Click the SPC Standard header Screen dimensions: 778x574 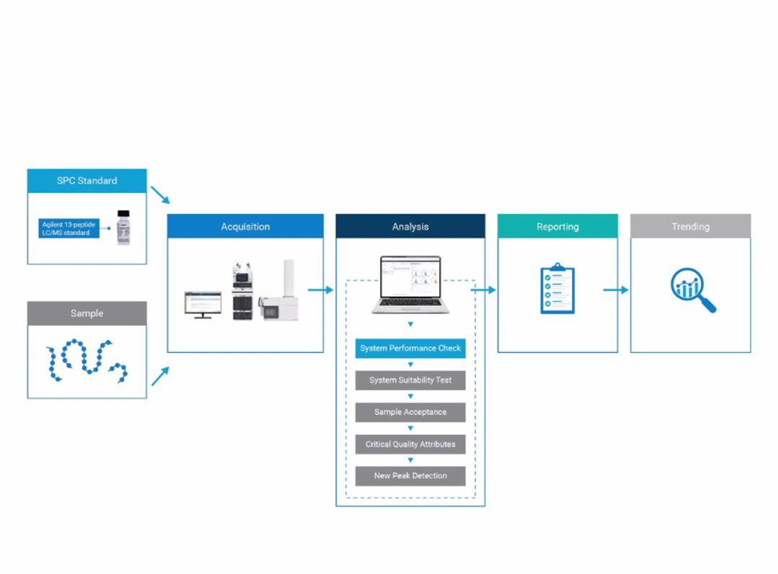click(x=87, y=181)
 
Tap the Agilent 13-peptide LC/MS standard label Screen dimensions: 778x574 click(x=69, y=228)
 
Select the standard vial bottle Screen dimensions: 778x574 click(x=124, y=228)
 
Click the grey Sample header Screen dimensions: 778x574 click(x=87, y=313)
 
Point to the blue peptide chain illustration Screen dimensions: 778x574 click(x=87, y=361)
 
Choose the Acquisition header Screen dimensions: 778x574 click(x=245, y=226)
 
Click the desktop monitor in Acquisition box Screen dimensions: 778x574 click(x=203, y=305)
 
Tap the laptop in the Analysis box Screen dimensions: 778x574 click(x=411, y=284)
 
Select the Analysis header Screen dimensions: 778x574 click(x=411, y=226)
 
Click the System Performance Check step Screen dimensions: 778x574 click(x=411, y=349)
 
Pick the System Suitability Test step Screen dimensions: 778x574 click(x=411, y=380)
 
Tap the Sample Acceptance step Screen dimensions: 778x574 click(x=411, y=412)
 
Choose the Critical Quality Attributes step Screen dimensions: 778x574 click(x=411, y=444)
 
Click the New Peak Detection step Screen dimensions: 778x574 click(x=411, y=476)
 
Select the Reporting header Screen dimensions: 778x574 click(x=558, y=226)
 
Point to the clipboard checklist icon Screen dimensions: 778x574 click(x=558, y=289)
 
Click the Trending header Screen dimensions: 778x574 click(x=690, y=226)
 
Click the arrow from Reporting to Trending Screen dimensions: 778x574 click(x=616, y=290)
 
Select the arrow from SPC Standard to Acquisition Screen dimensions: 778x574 click(x=160, y=195)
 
